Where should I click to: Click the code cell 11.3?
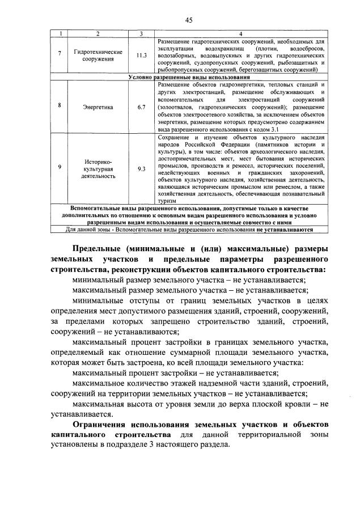[x=142, y=56]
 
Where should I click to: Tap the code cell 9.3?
[x=142, y=168]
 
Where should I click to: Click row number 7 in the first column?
[x=60, y=56]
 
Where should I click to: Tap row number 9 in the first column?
[x=60, y=168]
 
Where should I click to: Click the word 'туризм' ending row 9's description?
[x=166, y=201]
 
